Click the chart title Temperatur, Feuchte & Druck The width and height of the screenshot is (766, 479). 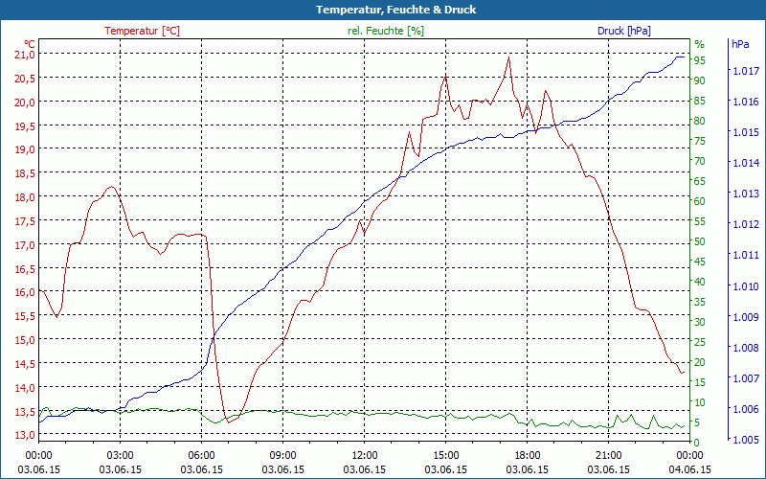tap(382, 10)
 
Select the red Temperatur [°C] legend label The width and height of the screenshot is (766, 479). tap(142, 31)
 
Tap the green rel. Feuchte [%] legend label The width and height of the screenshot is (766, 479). tap(385, 31)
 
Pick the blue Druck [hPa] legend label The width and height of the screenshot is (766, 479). tap(623, 31)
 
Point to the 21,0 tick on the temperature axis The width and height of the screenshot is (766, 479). tap(23, 54)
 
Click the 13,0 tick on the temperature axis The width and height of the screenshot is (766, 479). tap(23, 434)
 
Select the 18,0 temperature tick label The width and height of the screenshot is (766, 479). tap(23, 196)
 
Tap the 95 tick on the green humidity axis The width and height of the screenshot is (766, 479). tap(700, 60)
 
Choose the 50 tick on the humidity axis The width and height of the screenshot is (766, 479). tap(700, 241)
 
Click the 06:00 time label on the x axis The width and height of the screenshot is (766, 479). tap(201, 454)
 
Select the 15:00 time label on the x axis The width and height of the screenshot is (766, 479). tap(445, 454)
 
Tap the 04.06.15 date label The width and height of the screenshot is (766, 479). tap(689, 469)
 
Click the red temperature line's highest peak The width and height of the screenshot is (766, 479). tap(508, 57)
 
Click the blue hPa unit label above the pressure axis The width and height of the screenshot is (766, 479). tap(740, 44)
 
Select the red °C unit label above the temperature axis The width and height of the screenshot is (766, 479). tap(30, 44)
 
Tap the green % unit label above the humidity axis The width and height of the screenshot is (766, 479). tap(699, 44)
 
